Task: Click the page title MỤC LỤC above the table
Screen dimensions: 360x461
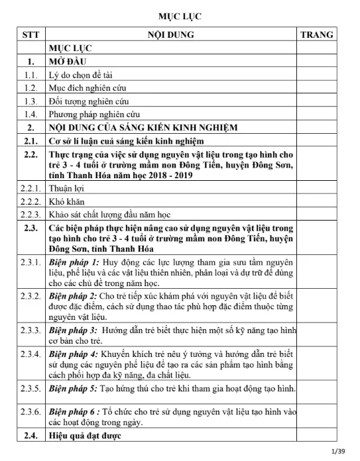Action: point(180,15)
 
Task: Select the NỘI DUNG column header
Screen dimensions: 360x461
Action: point(170,34)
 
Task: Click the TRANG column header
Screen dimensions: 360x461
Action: point(317,34)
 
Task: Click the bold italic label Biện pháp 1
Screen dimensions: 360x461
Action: point(74,262)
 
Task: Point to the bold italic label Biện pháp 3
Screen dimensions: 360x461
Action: point(74,329)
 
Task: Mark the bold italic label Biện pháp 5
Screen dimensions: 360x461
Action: point(74,387)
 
